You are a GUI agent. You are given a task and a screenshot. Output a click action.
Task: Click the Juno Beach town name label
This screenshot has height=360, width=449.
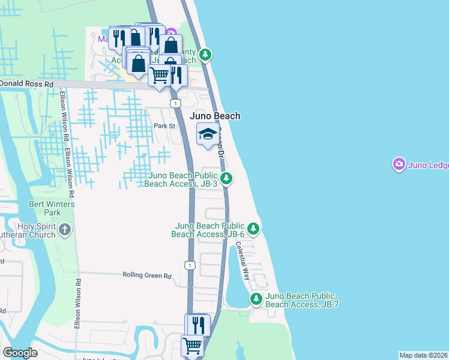(215, 116)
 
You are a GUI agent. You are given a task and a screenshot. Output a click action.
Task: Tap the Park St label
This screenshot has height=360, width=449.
(163, 126)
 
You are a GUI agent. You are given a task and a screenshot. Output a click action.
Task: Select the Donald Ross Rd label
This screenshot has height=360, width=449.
(26, 84)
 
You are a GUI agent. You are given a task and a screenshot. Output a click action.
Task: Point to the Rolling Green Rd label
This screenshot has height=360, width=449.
(147, 275)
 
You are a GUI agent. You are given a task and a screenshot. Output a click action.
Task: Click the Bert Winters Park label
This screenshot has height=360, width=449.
(52, 208)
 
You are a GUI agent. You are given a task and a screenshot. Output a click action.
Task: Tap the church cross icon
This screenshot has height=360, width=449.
(65, 229)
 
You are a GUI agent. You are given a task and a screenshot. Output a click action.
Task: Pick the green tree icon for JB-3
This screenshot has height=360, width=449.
(226, 178)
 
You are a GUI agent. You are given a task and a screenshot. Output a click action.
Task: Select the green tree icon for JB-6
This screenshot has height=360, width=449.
(253, 229)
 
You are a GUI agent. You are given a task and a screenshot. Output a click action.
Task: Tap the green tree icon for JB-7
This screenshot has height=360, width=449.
(256, 298)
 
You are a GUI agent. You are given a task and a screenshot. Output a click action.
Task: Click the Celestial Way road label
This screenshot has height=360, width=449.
(242, 260)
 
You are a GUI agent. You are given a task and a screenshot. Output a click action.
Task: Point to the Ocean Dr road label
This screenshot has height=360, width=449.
(221, 142)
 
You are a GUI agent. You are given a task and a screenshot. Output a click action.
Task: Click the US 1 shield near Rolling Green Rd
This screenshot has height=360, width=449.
(190, 265)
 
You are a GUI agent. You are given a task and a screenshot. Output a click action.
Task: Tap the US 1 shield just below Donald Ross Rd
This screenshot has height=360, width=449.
(175, 104)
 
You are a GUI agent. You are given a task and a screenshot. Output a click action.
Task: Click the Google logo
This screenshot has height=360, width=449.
(20, 353)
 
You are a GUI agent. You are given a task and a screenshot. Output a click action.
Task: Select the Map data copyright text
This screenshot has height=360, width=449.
(423, 355)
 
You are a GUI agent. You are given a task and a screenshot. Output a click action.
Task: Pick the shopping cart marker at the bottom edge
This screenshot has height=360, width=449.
(192, 345)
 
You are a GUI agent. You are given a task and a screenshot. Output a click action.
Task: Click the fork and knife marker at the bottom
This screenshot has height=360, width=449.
(198, 325)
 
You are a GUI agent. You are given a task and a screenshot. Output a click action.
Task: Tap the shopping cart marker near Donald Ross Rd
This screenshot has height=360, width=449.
(159, 76)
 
